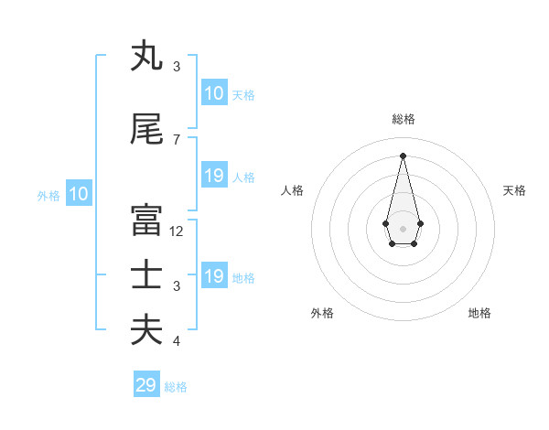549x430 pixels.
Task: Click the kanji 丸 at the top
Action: (146, 57)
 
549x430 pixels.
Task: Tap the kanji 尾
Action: (146, 130)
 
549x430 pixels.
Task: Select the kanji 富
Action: (146, 220)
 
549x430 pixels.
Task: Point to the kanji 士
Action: (146, 275)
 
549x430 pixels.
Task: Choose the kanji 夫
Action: (146, 329)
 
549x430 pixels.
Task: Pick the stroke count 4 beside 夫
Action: (177, 341)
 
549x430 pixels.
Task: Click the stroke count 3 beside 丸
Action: (177, 66)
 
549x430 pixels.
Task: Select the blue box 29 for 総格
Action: (146, 385)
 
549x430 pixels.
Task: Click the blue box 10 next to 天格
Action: (214, 93)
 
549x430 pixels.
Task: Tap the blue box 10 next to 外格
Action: (79, 194)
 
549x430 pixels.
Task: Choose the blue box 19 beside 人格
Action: (214, 176)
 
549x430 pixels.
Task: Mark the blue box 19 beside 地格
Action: (214, 276)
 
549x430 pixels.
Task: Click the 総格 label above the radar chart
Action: (403, 119)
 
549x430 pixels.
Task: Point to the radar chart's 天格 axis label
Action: (514, 190)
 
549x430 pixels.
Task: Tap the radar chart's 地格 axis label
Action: (479, 313)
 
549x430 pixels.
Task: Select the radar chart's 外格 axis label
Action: (322, 313)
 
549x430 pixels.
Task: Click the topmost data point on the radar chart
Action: (403, 155)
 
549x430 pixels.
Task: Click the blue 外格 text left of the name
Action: (48, 195)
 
